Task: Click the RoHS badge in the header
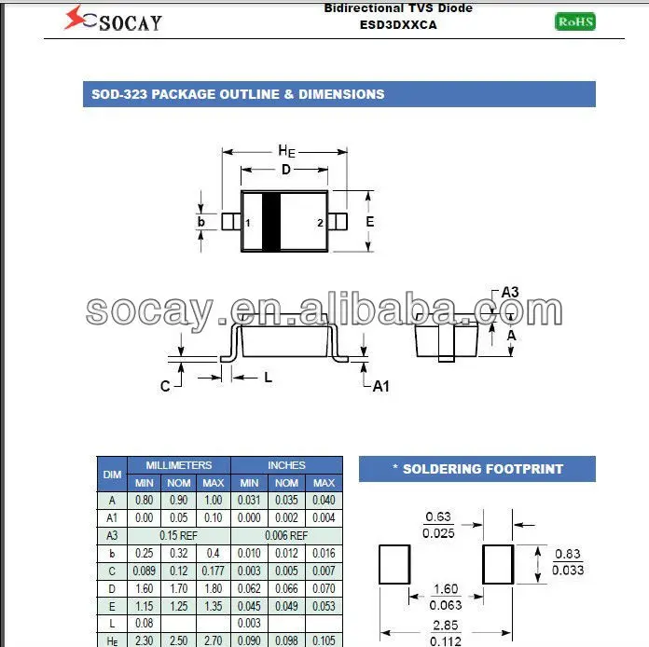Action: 574,21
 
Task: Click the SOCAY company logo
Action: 113,19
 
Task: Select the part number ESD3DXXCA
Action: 398,25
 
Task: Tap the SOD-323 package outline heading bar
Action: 339,94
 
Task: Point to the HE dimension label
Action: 286,152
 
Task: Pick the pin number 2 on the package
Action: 320,223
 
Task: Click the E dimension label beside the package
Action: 369,222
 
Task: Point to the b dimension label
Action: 201,222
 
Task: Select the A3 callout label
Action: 509,293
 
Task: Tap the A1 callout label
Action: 380,386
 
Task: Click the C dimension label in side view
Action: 165,386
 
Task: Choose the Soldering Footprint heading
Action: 476,469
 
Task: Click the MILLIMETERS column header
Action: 178,465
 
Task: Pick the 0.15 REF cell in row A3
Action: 178,535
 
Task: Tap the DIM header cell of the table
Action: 112,474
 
